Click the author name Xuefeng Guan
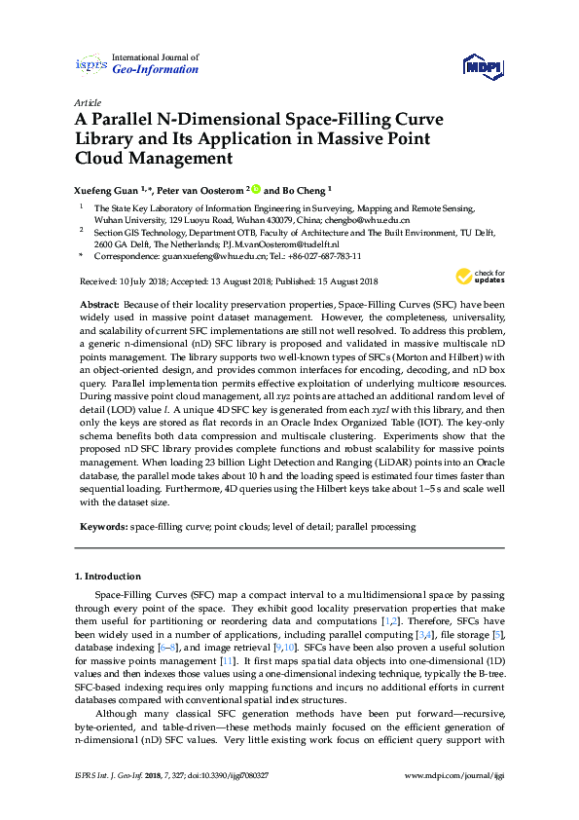point(105,191)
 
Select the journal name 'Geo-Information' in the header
point(156,69)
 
